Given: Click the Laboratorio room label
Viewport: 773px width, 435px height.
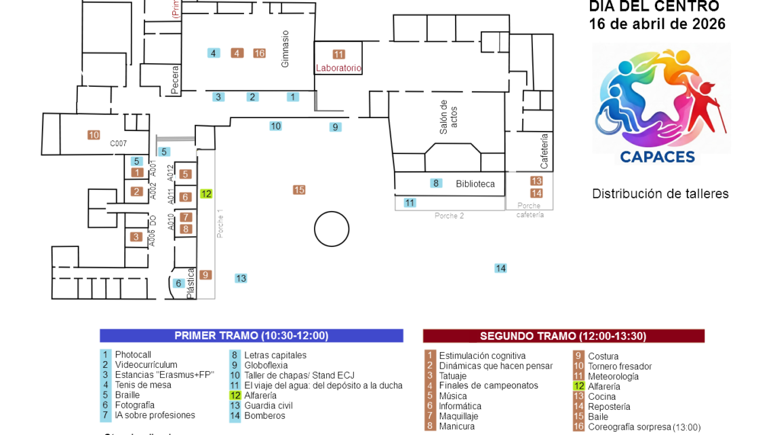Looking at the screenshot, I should (338, 68).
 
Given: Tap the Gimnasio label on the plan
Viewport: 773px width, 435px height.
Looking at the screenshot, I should (285, 48).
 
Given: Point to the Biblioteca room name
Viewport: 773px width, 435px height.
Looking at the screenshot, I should (475, 184).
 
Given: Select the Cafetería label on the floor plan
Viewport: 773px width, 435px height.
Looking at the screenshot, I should (544, 151).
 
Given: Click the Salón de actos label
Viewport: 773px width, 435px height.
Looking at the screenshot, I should (448, 117).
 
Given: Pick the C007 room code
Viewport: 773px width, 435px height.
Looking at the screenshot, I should (119, 143).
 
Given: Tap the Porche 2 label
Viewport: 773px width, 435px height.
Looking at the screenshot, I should (449, 216).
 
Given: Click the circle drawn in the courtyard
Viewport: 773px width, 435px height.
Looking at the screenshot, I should (332, 229).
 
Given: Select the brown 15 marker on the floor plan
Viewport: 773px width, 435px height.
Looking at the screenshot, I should (299, 190).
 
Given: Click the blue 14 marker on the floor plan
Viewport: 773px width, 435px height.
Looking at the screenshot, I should (500, 268).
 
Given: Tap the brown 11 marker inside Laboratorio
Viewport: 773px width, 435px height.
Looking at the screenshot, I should (338, 54).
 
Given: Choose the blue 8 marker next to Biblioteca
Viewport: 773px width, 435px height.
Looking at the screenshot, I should (436, 183).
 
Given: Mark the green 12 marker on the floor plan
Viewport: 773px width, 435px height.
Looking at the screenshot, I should (206, 194).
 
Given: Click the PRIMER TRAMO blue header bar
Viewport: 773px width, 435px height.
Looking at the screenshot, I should (251, 336).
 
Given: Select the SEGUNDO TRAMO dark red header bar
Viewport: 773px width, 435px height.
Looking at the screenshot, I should (563, 336).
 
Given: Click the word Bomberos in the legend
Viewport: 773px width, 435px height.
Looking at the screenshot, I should (264, 415).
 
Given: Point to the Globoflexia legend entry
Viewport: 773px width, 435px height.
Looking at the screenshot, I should (266, 365).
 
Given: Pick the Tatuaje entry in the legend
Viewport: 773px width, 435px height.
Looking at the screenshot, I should (452, 375).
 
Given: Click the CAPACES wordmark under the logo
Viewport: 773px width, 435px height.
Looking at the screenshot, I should (657, 157).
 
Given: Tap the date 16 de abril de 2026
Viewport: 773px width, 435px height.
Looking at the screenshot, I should (656, 24).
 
